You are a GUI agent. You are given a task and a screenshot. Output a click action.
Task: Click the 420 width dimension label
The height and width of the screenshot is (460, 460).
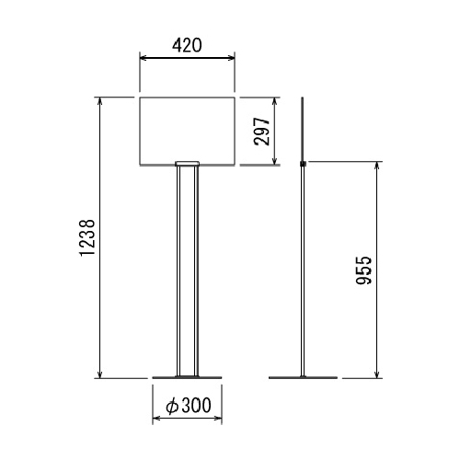187,45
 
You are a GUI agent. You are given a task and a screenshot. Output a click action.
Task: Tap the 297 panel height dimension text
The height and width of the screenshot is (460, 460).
262,132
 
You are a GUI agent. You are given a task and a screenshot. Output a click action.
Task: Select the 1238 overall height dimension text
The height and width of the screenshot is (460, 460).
87,237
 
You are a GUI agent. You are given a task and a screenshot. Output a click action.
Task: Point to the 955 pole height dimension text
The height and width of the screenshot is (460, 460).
364,270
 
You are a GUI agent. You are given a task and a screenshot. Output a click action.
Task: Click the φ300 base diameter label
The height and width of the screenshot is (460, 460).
189,405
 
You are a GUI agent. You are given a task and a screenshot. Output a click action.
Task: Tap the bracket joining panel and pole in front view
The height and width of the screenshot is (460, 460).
187,164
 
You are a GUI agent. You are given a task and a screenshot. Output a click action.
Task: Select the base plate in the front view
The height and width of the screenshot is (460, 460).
187,377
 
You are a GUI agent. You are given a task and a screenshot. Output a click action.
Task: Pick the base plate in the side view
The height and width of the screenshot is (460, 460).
303,377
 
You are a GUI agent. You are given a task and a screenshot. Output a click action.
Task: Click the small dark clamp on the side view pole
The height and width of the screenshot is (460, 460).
303,164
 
